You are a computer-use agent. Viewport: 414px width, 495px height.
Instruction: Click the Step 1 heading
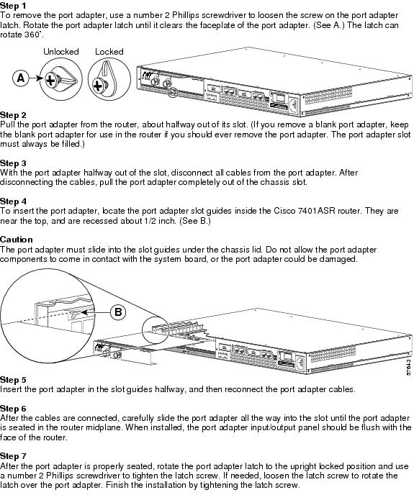[13, 6]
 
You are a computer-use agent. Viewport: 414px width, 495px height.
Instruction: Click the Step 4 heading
[13, 201]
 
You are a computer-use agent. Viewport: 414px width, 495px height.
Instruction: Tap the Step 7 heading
[13, 456]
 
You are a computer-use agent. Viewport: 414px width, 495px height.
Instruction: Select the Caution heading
[17, 240]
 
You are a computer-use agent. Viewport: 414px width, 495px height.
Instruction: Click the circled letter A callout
[21, 78]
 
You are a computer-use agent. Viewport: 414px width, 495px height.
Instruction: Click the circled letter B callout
[118, 312]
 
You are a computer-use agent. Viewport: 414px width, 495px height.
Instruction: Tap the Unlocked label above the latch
[61, 52]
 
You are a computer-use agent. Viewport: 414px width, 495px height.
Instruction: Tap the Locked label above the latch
[109, 52]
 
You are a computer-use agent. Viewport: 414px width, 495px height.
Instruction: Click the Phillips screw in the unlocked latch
[50, 80]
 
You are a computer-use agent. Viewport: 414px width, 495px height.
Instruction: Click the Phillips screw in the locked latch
[98, 86]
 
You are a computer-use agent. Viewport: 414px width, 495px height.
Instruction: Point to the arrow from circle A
[36, 78]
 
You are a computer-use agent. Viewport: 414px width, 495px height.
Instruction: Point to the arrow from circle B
[95, 312]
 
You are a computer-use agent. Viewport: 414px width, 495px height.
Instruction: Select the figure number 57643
[409, 367]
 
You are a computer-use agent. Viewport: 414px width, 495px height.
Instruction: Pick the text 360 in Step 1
[32, 35]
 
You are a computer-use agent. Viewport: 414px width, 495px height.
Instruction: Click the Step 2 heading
[13, 115]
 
